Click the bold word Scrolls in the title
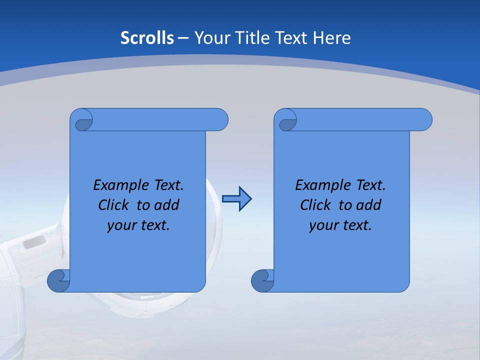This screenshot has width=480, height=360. [147, 38]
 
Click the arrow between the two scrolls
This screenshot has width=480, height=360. [236, 199]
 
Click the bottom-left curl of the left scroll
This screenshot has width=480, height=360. [58, 280]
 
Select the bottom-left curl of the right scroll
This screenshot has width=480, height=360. [262, 280]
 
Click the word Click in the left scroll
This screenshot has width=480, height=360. [114, 205]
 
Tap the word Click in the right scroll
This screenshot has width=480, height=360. [316, 205]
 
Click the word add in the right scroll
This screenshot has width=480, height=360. [369, 205]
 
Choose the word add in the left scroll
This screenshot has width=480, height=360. [167, 205]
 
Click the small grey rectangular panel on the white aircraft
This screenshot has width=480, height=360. [34, 242]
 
